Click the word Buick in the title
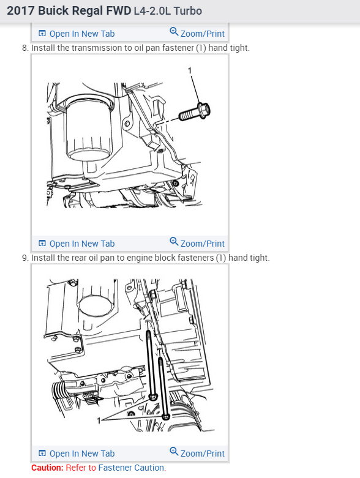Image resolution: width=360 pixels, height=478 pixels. coord(53,10)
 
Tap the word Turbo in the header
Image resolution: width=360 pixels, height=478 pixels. coord(188,11)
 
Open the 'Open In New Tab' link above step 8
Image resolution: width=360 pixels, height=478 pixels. coord(77,34)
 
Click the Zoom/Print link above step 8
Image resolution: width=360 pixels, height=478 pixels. coord(197,33)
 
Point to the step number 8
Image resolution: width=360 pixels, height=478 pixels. coord(25,48)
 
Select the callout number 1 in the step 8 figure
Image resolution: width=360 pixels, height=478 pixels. coord(190,70)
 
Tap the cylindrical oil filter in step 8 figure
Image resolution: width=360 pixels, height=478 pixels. coord(89,128)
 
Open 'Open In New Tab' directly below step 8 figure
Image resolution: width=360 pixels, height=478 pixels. coord(77,244)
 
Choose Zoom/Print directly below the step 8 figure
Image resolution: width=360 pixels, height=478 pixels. coord(197,243)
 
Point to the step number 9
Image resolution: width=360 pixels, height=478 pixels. coord(25,258)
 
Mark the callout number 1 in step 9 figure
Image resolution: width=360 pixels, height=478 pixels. coord(99,420)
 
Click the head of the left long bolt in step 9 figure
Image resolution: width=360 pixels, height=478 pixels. coord(153,397)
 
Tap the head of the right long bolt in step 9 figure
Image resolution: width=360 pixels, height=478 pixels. coord(165,416)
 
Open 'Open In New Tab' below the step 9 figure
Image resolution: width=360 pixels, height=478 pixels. coord(77,454)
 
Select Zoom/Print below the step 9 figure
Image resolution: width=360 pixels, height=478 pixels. coord(197,453)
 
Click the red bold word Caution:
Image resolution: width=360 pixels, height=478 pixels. coord(47,468)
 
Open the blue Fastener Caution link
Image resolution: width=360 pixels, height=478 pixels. coord(131,468)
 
